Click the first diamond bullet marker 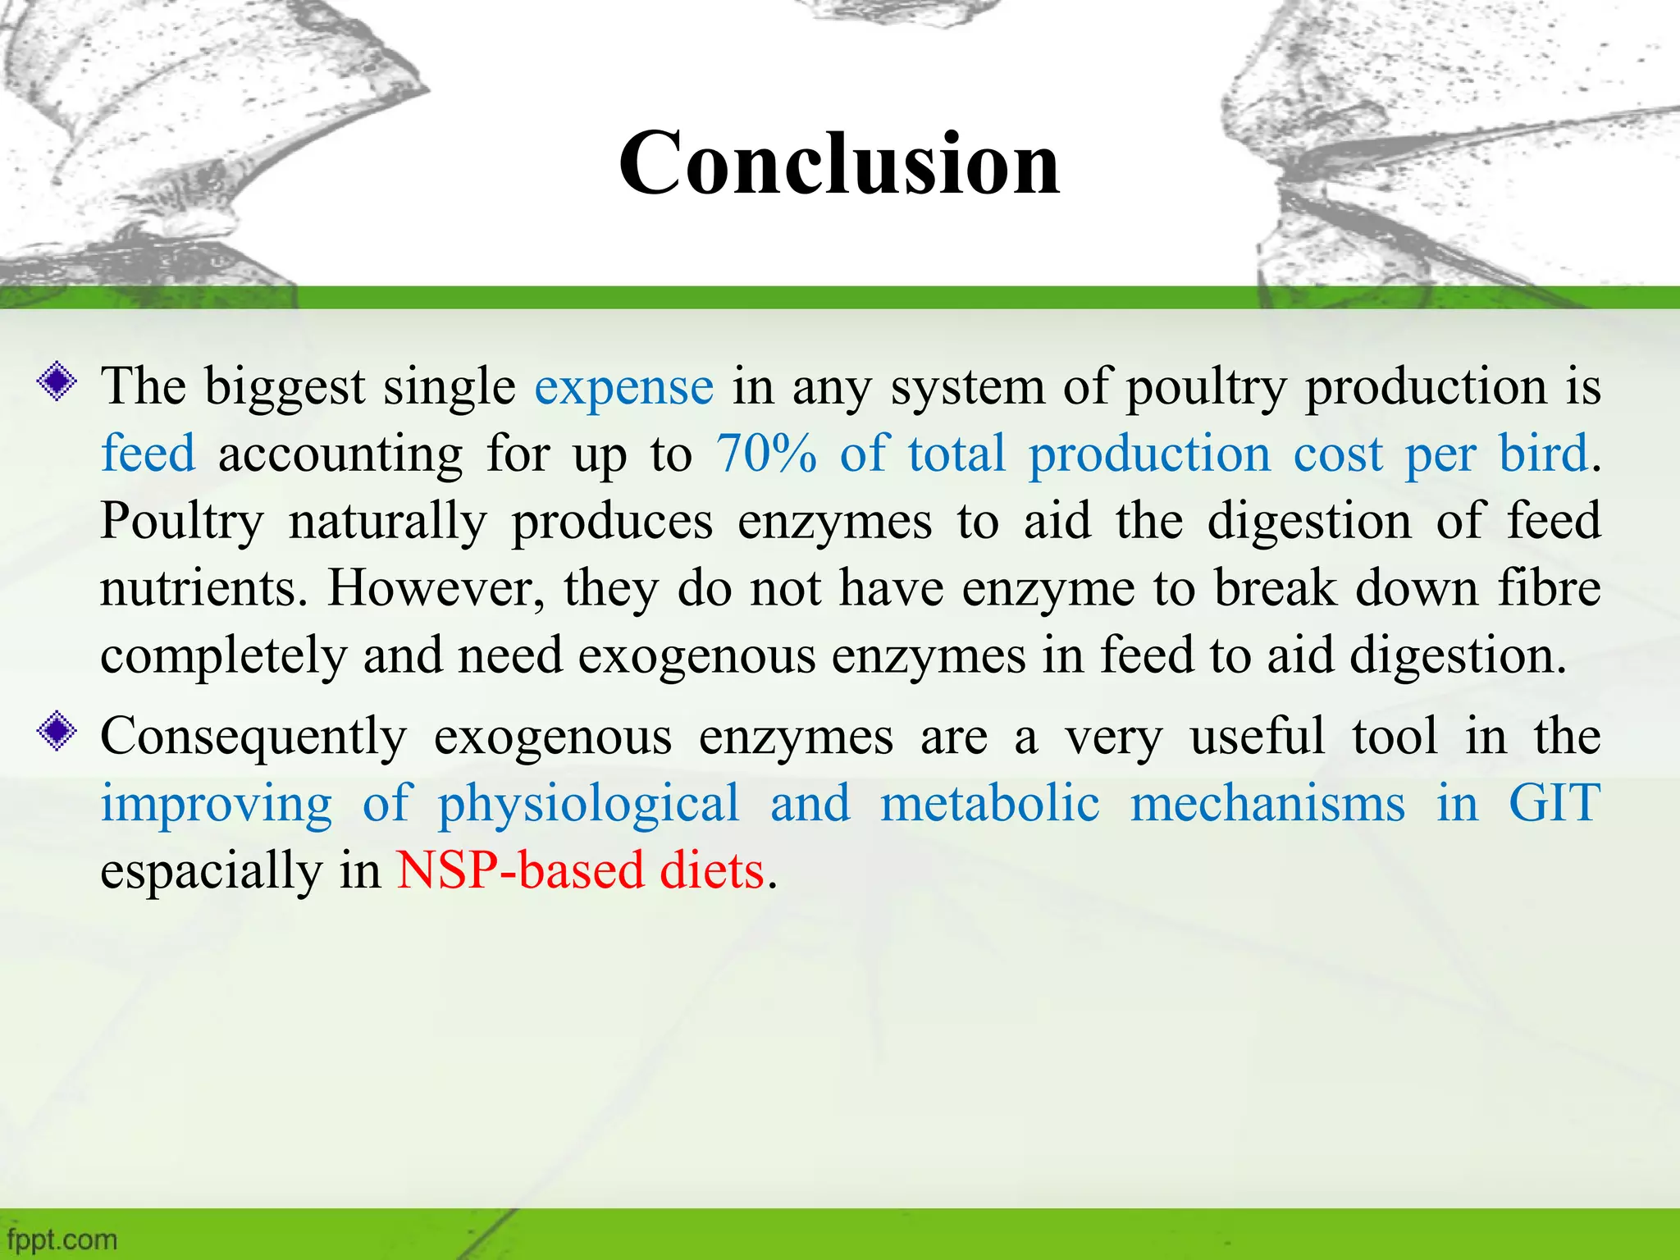pyautogui.click(x=57, y=382)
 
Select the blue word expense pyautogui.click(x=624, y=388)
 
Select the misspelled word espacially pyautogui.click(x=212, y=873)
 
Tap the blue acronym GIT pyautogui.click(x=1554, y=803)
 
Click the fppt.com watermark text pyautogui.click(x=62, y=1239)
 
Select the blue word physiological pyautogui.click(x=588, y=806)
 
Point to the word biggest pyautogui.click(x=285, y=389)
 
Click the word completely pyautogui.click(x=224, y=658)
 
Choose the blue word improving pyautogui.click(x=217, y=806)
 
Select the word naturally pyautogui.click(x=388, y=523)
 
